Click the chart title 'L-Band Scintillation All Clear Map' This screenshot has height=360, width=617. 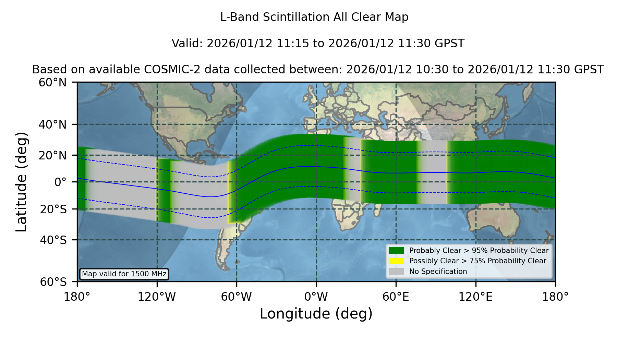tap(314, 17)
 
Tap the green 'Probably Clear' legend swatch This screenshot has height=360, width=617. tap(397, 250)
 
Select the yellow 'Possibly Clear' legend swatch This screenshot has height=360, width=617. tap(397, 261)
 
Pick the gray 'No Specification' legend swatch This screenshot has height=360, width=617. tap(397, 272)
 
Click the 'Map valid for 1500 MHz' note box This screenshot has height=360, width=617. tap(124, 274)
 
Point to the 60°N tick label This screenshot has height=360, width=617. tap(52, 83)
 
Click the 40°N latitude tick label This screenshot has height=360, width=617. tap(52, 124)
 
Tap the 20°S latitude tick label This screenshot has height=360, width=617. tap(53, 209)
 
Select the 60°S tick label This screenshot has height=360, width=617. tap(53, 282)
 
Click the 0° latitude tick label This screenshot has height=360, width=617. tap(60, 182)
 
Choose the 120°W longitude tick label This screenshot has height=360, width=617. tap(157, 297)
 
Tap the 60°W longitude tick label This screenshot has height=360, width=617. tap(237, 297)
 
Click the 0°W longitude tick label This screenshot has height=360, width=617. tap(316, 297)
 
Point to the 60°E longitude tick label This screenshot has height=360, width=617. tap(396, 297)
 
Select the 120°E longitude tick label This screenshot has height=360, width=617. tap(475, 297)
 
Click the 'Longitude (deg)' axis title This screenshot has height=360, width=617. tap(316, 314)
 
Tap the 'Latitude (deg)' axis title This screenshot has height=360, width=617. tap(22, 182)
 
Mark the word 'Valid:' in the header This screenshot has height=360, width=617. tap(187, 44)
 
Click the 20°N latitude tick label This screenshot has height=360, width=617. tap(52, 155)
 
